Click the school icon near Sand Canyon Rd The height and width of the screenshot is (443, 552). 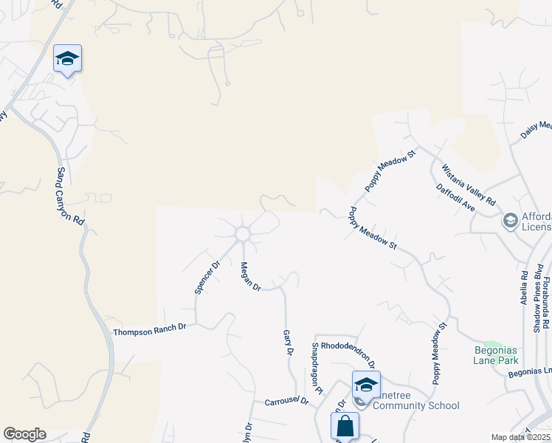coord(67,59)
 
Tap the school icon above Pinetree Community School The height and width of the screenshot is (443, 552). coord(365,385)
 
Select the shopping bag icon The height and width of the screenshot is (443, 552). coord(345,426)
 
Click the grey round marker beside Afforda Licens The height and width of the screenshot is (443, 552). coord(509,220)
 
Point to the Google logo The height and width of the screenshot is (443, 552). coord(24,434)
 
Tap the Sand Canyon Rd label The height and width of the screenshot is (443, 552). coord(71,196)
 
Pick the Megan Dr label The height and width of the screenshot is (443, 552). coord(246,276)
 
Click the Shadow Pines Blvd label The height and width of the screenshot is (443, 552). coord(537,295)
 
